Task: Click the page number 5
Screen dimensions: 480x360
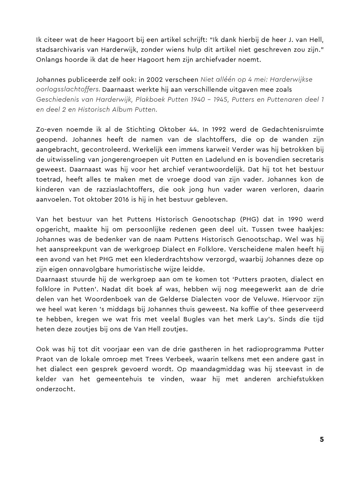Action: pyautogui.click(x=321, y=439)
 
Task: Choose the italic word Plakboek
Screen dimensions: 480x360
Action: pyautogui.click(x=148, y=99)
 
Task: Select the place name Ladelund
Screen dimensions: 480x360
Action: pyautogui.click(x=222, y=159)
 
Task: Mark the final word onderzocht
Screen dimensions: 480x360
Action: pyautogui.click(x=56, y=389)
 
